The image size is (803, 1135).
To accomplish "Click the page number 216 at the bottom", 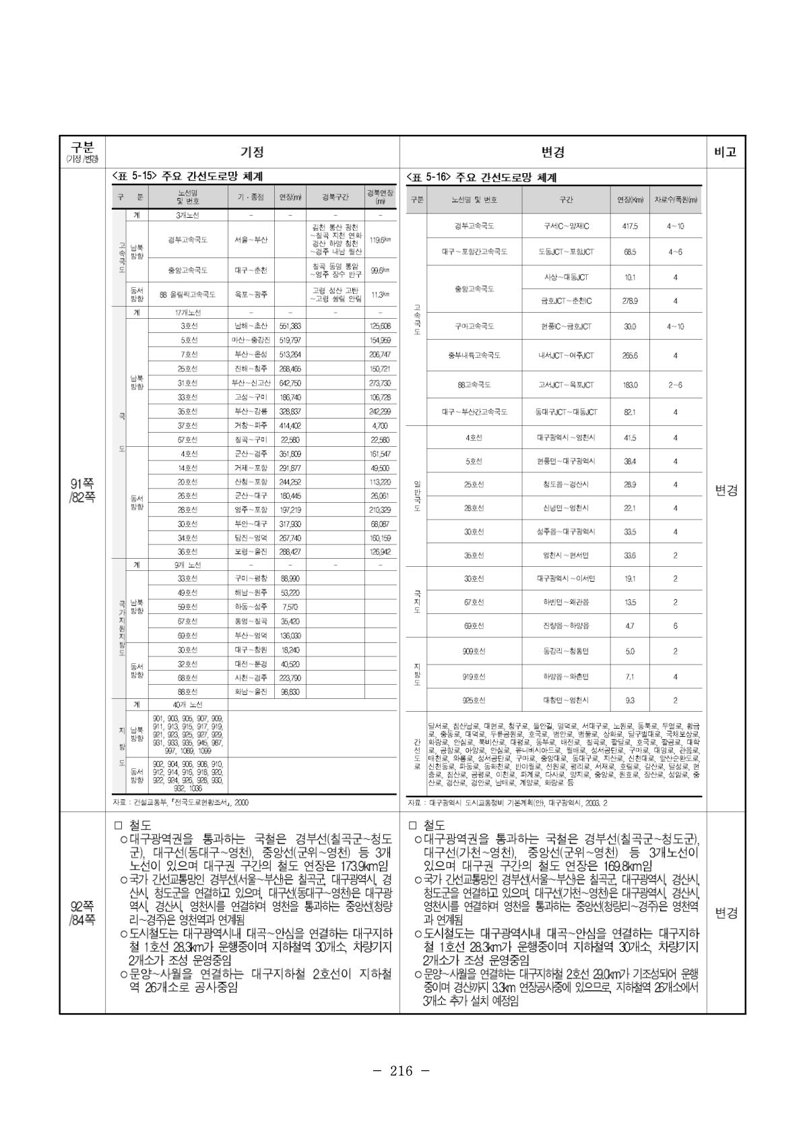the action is pyautogui.click(x=401, y=1071).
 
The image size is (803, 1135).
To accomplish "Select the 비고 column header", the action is pyautogui.click(x=726, y=152).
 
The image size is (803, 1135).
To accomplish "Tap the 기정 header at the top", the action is pyautogui.click(x=252, y=152).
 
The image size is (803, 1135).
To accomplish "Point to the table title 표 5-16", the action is pyautogui.click(x=481, y=178).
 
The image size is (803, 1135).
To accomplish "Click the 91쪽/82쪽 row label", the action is pyautogui.click(x=82, y=490).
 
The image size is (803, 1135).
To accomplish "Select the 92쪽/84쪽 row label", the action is pyautogui.click(x=82, y=913).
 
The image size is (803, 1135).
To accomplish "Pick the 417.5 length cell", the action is pyautogui.click(x=631, y=226).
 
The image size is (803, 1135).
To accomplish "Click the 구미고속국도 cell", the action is pyautogui.click(x=474, y=326).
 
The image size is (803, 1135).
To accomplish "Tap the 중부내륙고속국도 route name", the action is pyautogui.click(x=474, y=355).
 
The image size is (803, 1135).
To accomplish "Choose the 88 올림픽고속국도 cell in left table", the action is pyautogui.click(x=187, y=295).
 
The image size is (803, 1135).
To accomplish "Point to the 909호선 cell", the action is pyautogui.click(x=474, y=652).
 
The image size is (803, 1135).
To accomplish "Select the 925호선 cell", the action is pyautogui.click(x=474, y=700).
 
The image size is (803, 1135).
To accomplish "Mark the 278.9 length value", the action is pyautogui.click(x=631, y=301).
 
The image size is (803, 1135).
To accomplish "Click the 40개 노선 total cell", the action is pyautogui.click(x=187, y=704).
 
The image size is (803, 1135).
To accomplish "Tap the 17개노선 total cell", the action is pyautogui.click(x=187, y=313).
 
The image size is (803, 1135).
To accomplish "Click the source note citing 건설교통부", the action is pyautogui.click(x=181, y=802).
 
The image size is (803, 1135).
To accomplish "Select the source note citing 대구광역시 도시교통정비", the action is pyautogui.click(x=507, y=803).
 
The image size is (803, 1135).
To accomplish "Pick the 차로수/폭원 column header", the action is pyautogui.click(x=676, y=200).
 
